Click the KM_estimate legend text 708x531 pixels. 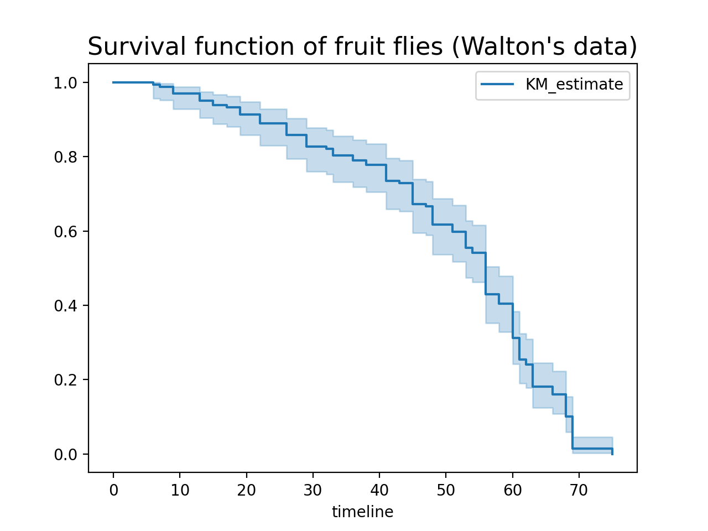(x=574, y=85)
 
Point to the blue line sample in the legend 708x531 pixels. (x=497, y=85)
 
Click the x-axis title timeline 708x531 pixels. (x=362, y=512)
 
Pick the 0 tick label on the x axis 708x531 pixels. (x=113, y=490)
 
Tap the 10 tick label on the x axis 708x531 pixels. (x=180, y=490)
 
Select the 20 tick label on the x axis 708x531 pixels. (x=246, y=490)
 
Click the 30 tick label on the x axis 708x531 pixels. (x=313, y=490)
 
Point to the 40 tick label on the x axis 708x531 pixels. (x=379, y=490)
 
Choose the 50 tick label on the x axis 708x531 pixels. (x=446, y=490)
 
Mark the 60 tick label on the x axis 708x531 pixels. (x=513, y=490)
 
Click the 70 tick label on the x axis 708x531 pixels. (x=579, y=490)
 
